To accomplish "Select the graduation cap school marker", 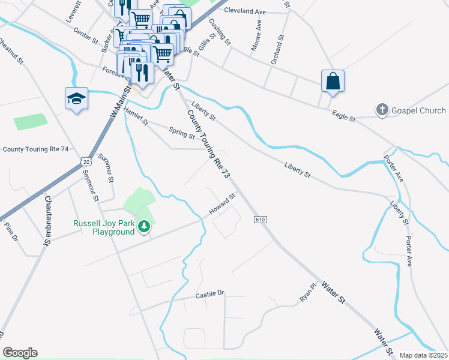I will point(77,99).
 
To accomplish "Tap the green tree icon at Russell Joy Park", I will point(143,226).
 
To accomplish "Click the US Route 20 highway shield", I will point(86,161).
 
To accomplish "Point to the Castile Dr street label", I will point(209,295).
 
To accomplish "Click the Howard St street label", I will point(223,205).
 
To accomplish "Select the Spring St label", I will point(182,132).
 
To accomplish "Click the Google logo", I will point(20,353).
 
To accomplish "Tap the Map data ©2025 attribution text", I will point(423,355).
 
